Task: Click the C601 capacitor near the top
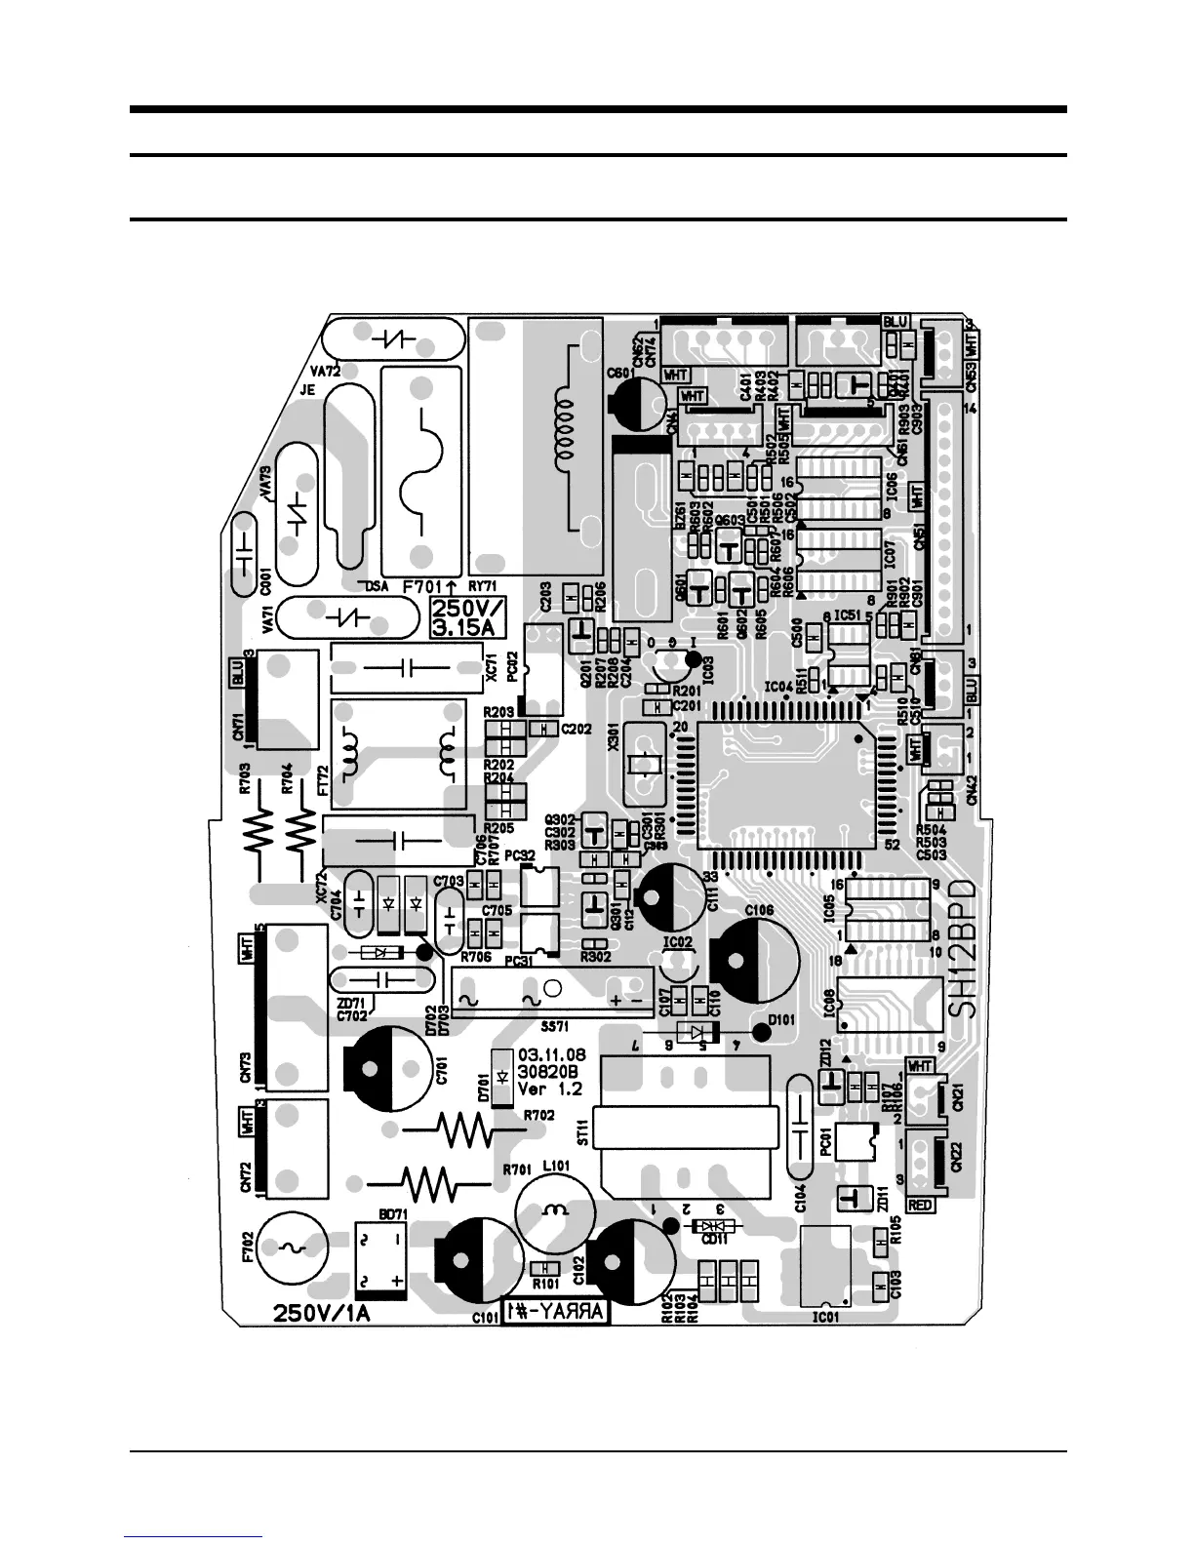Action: (x=636, y=402)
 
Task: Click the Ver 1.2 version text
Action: (x=549, y=1089)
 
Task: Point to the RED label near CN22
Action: (x=921, y=1206)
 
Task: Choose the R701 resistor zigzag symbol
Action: (x=430, y=1185)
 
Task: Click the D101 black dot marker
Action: (x=760, y=1033)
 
